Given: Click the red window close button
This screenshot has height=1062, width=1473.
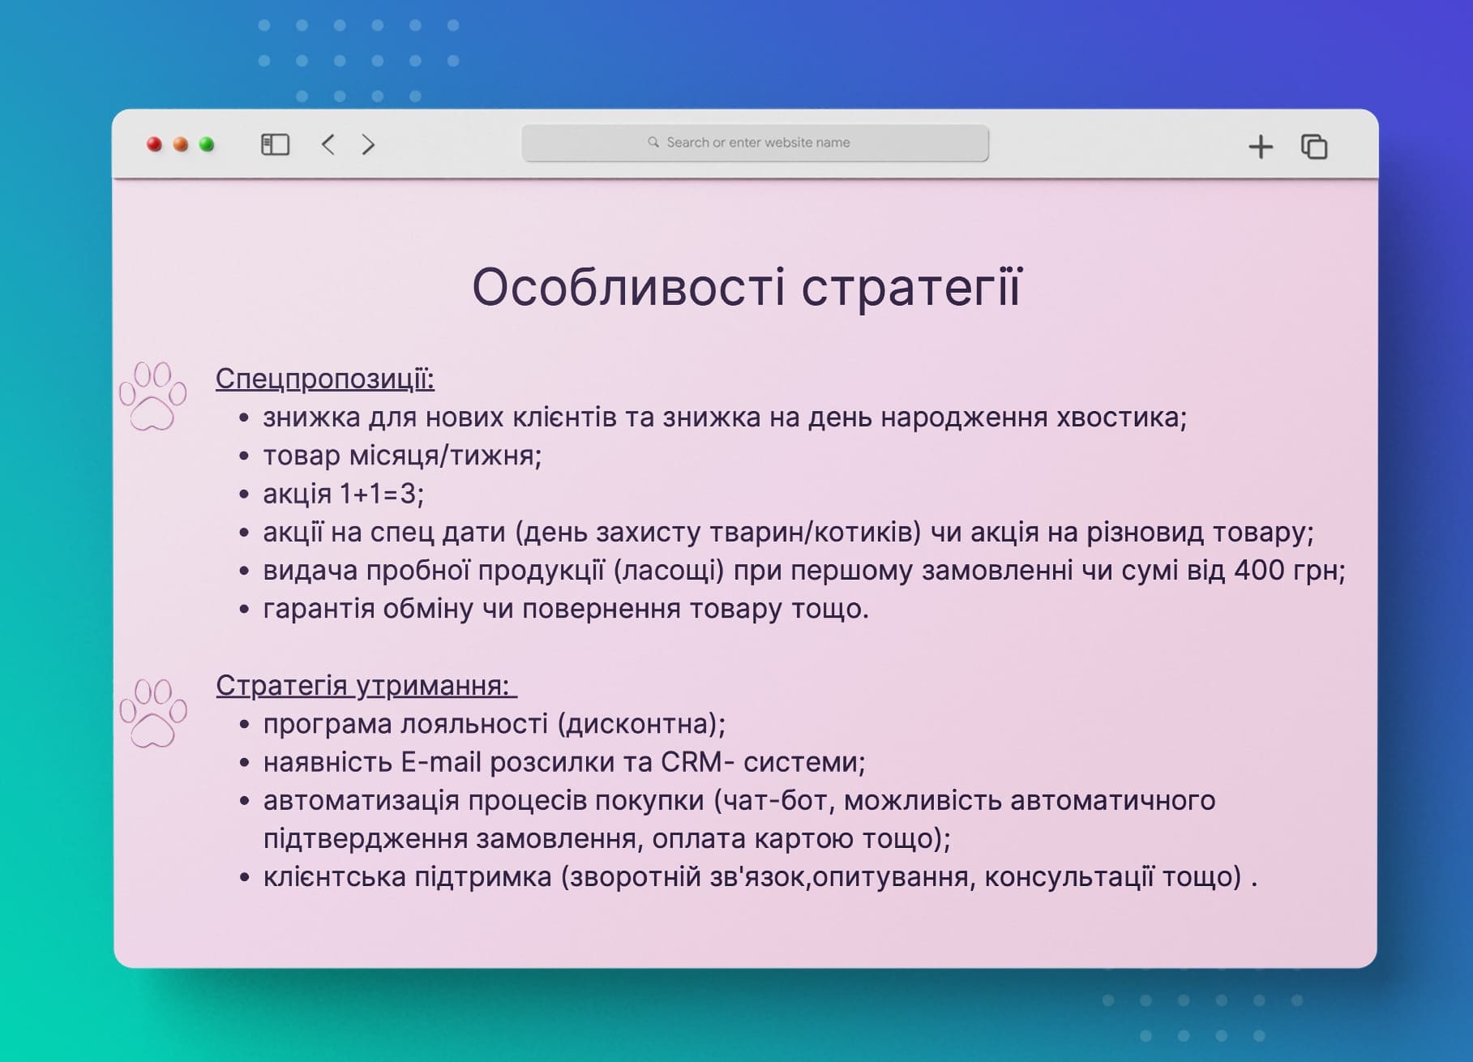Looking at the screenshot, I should (154, 145).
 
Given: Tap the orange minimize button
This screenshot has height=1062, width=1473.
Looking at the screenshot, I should (181, 145).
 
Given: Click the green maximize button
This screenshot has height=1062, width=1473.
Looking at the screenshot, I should (207, 145).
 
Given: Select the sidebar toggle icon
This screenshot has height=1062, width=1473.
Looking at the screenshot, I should (275, 145).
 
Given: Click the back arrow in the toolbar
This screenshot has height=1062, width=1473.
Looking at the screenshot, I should (328, 145).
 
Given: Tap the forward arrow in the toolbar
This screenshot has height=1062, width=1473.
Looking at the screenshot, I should (368, 145).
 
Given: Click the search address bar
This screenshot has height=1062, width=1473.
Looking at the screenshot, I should (755, 143).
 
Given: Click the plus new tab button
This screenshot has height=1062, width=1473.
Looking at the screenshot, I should (1261, 147).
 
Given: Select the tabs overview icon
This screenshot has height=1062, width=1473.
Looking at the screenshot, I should (1314, 147).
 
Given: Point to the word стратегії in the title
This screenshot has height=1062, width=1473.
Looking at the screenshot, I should (911, 288).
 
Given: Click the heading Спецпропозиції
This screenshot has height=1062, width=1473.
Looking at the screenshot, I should (324, 379).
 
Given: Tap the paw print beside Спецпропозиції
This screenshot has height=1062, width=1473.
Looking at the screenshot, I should (152, 396).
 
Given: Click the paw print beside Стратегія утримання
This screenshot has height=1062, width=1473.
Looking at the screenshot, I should (152, 713).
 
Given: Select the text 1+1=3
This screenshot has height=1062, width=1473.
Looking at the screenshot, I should (379, 494).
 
